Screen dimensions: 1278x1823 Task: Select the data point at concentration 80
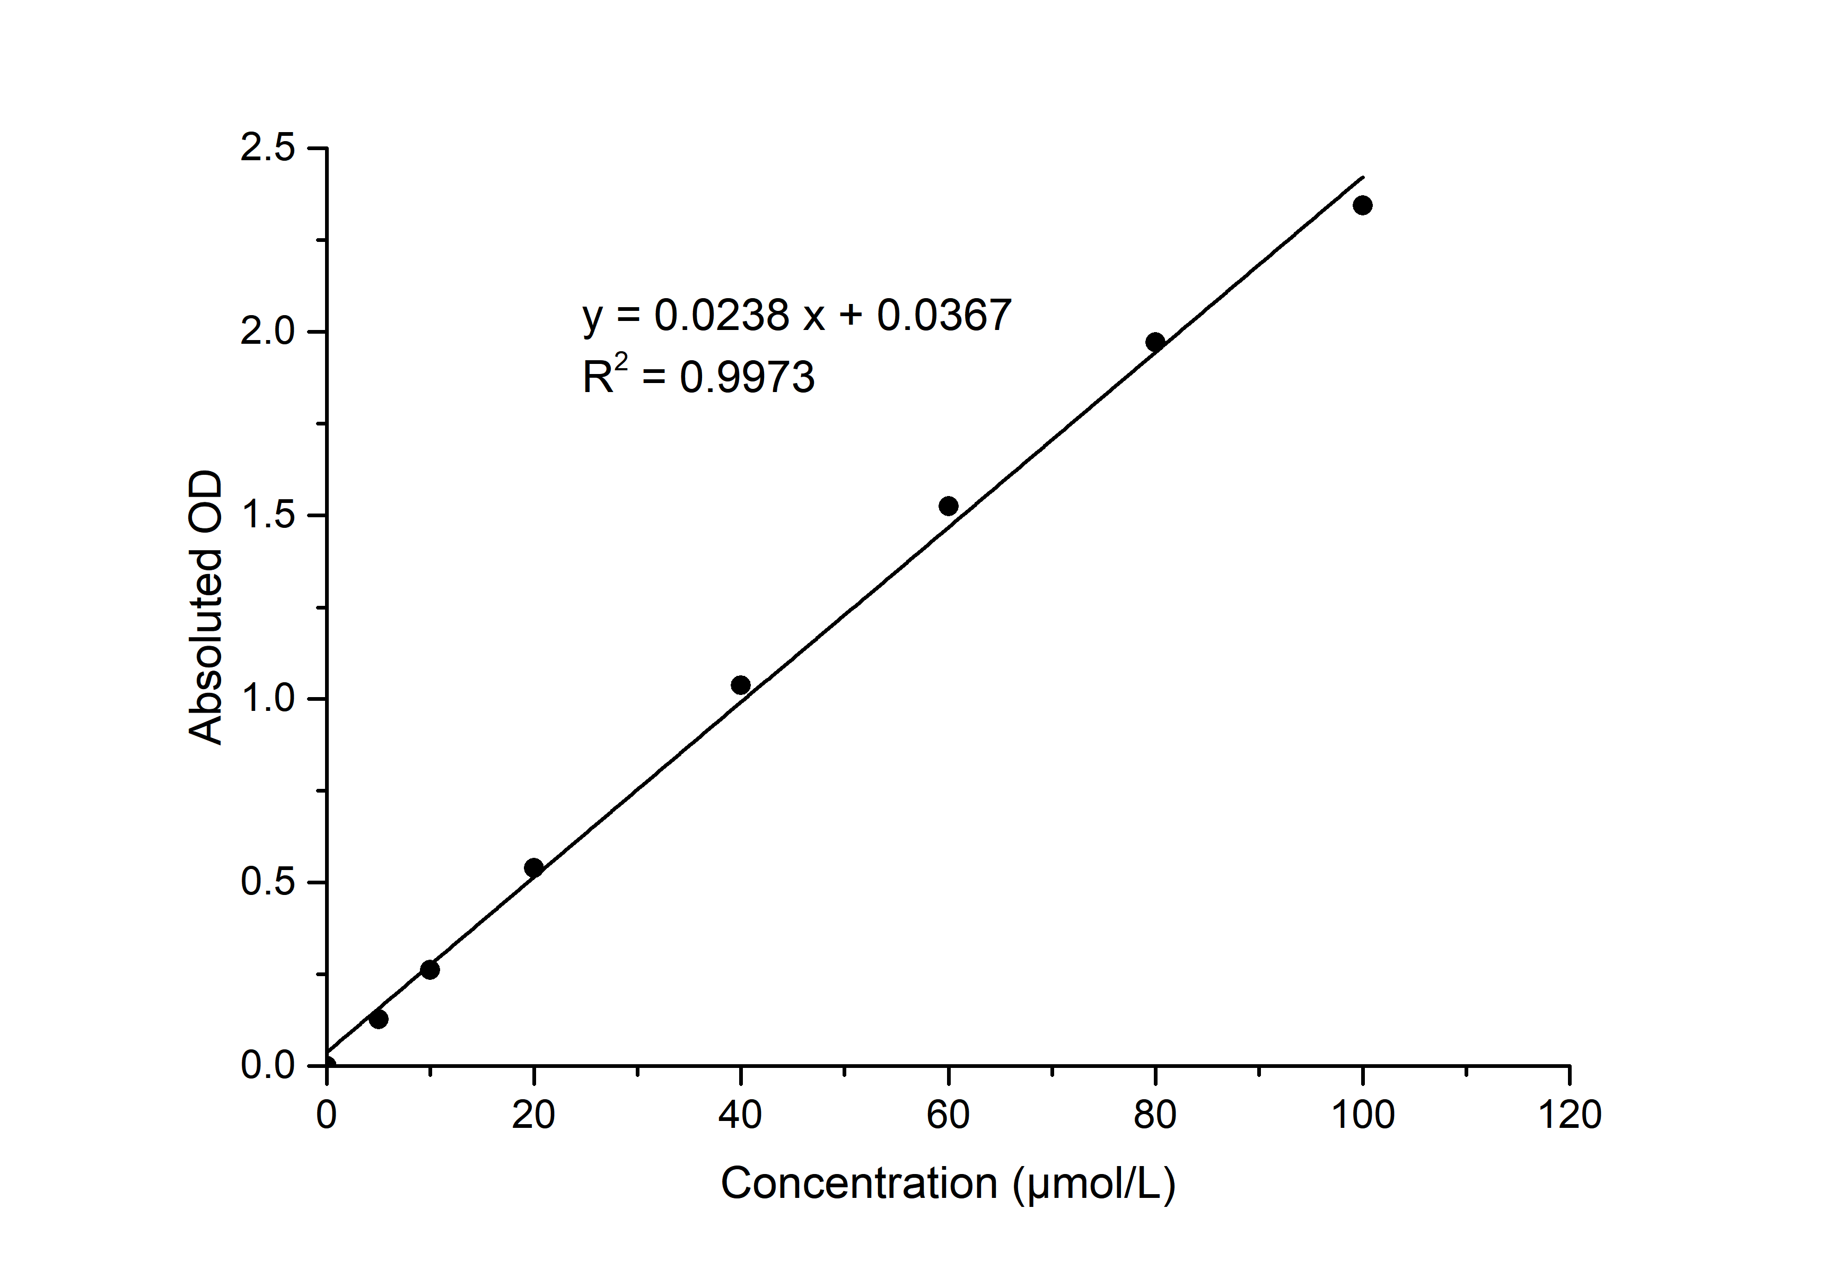[x=1155, y=342]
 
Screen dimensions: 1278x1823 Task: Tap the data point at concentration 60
[x=948, y=506]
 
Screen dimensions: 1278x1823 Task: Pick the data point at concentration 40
[x=741, y=685]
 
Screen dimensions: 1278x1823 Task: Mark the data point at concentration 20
[x=533, y=867]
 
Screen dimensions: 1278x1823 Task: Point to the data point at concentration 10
[x=430, y=970]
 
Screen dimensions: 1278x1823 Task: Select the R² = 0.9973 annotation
[x=699, y=377]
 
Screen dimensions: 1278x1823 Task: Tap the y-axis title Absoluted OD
[x=206, y=607]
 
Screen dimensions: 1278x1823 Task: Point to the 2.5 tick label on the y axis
[x=268, y=149]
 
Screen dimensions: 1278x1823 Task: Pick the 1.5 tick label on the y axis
[x=268, y=516]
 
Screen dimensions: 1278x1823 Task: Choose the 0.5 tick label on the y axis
[x=268, y=882]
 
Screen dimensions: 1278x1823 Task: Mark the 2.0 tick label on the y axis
[x=268, y=332]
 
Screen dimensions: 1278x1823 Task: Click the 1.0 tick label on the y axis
[x=268, y=699]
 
